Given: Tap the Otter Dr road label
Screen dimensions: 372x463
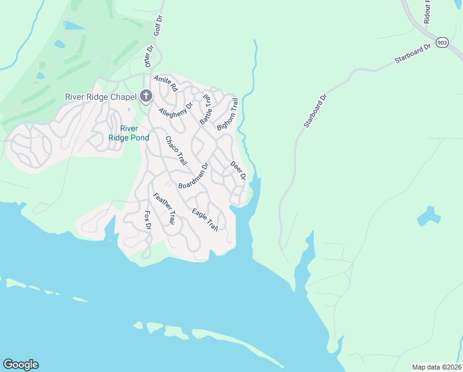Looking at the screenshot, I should [x=149, y=56].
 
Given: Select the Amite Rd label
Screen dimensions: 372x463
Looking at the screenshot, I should [x=165, y=84].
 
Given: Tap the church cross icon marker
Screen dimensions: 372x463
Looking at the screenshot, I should [x=146, y=95].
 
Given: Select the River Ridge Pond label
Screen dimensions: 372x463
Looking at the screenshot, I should [x=129, y=133].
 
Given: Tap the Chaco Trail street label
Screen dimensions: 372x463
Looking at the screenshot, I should [x=176, y=151].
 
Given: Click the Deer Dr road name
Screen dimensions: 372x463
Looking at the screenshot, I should [x=238, y=170].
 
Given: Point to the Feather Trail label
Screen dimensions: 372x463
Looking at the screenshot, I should [x=164, y=208].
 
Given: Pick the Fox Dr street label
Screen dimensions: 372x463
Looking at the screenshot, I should [x=147, y=220].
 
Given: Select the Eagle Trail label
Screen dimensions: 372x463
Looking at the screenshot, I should [x=205, y=219].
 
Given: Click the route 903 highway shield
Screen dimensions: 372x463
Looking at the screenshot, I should [x=441, y=42].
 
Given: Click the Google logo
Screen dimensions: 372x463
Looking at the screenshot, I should [x=20, y=365].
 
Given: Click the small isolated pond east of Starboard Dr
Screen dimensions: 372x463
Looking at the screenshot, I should [x=428, y=217].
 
